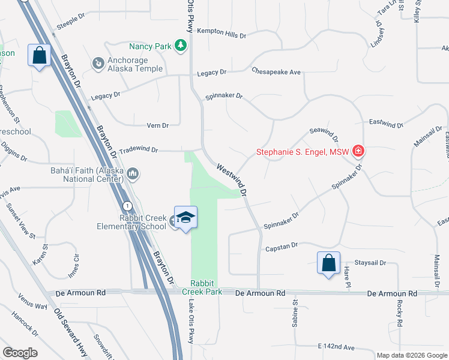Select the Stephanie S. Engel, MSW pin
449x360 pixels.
tap(358, 151)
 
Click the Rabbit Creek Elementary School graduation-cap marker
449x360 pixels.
tap(186, 217)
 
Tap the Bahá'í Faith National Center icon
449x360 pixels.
tap(133, 175)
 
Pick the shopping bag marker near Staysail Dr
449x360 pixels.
tap(329, 263)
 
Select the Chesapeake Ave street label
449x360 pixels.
tap(276, 72)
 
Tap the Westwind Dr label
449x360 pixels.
tap(232, 181)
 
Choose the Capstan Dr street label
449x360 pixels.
tap(282, 245)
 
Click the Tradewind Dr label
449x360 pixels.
tap(138, 151)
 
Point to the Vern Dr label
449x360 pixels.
tap(158, 125)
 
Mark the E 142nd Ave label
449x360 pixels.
tap(337, 347)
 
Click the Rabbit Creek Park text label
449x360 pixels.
tap(206, 287)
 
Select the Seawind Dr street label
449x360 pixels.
tap(324, 134)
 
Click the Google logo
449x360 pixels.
tap(20, 353)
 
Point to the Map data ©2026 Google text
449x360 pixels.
tap(411, 355)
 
